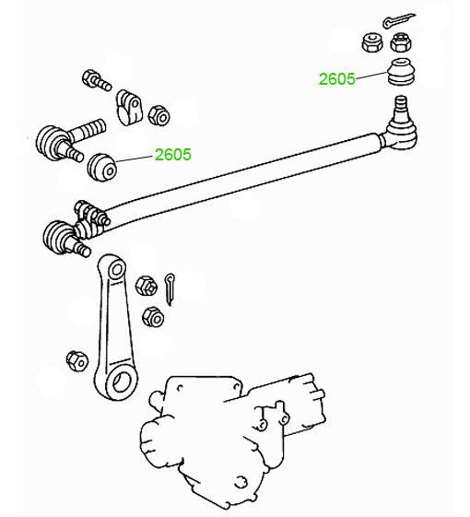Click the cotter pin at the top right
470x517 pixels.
pos(397,20)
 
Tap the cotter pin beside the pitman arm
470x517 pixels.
pos(170,289)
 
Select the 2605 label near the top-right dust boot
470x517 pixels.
pos(336,79)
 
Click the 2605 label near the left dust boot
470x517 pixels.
pos(173,154)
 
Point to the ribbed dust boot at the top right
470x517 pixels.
pos(400,72)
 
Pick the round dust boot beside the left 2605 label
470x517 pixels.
pos(102,167)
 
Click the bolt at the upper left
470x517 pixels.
pos(97,80)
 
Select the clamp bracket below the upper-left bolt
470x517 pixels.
pos(129,107)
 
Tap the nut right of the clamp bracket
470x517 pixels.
pos(159,115)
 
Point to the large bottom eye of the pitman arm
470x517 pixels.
pos(121,382)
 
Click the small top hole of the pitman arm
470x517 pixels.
pos(117,270)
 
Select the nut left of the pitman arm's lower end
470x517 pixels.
pos(77,360)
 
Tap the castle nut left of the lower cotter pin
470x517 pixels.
pos(147,286)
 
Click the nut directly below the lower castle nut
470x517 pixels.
pos(153,317)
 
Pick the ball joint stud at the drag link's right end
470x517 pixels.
pos(401,108)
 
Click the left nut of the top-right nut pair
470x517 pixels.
pos(372,42)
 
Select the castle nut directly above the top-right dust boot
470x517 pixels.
pos(400,42)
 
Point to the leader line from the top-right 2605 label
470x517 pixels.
pos(371,76)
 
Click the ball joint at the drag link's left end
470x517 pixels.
pos(66,239)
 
